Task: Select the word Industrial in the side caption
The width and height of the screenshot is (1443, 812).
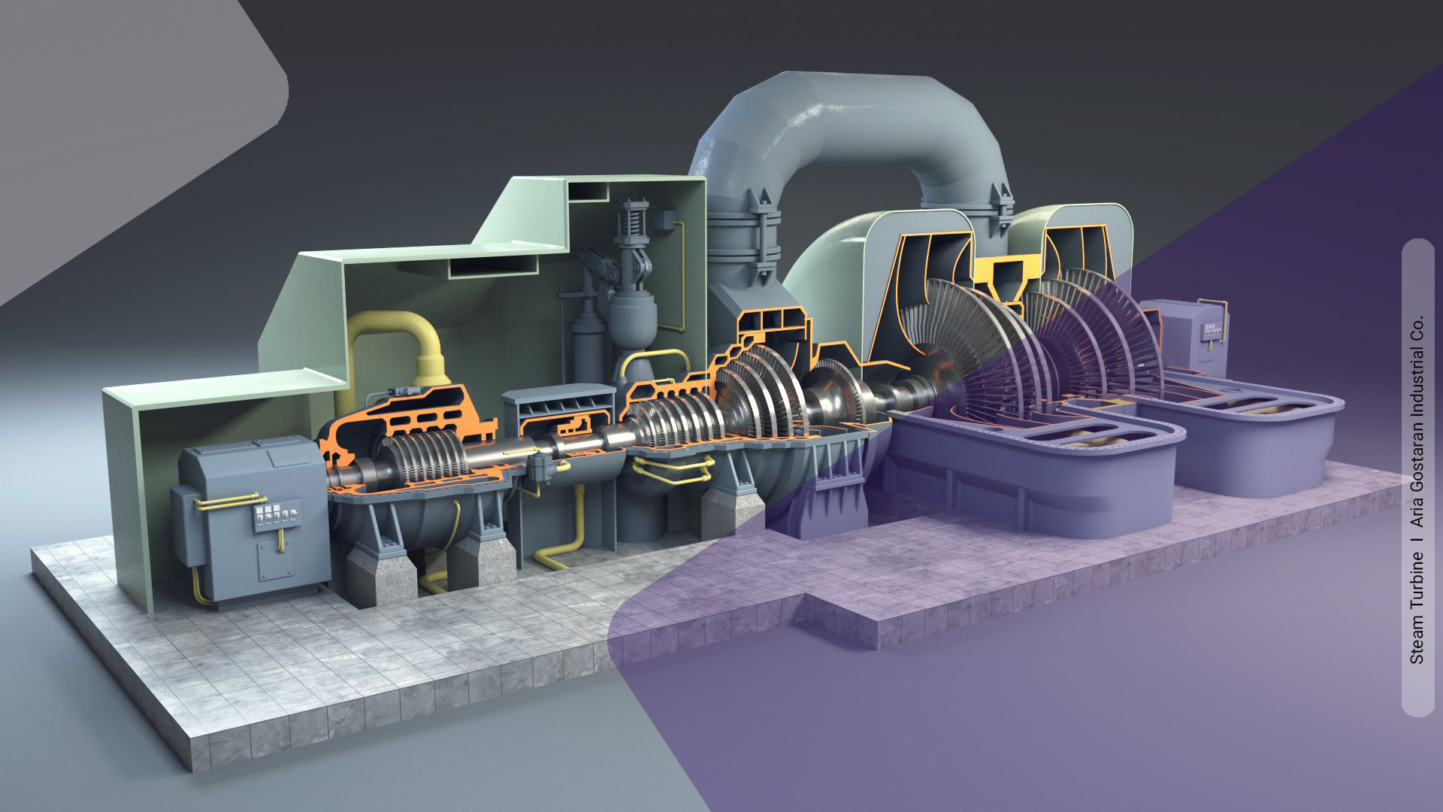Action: (1417, 377)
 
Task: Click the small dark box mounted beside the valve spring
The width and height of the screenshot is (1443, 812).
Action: (664, 220)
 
